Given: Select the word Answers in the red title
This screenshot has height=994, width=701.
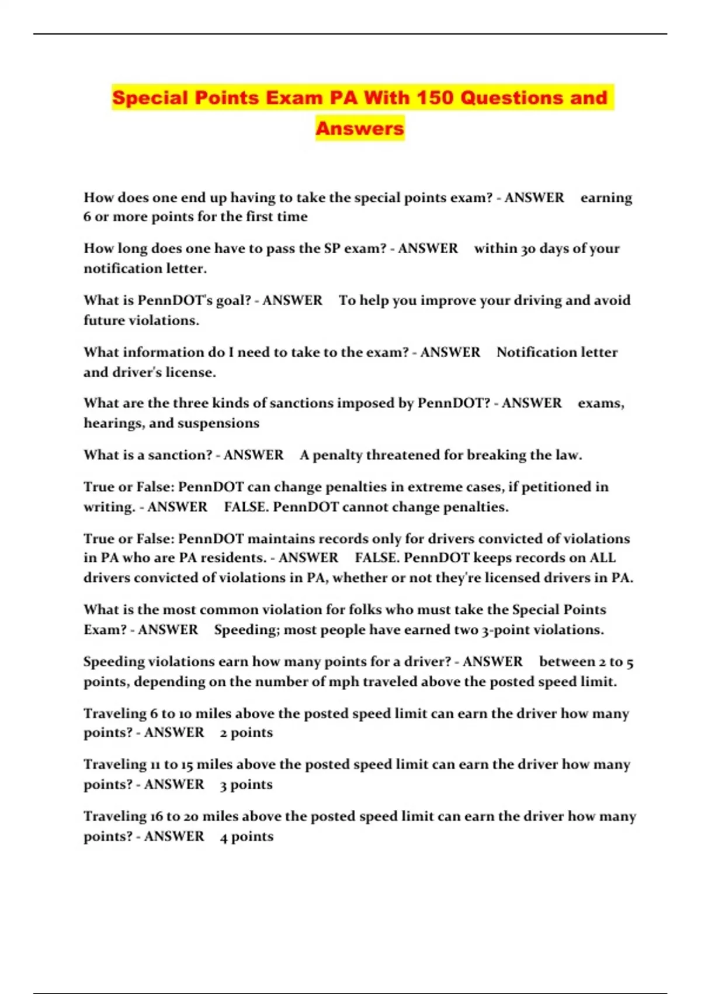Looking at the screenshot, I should tap(360, 128).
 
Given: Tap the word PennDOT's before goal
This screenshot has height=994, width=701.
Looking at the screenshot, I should tap(165, 301).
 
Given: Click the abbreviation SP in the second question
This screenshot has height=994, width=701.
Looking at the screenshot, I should tap(332, 248).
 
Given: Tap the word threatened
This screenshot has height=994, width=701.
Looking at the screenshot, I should tap(403, 455).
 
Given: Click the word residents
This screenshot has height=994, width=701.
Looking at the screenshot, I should tap(233, 558).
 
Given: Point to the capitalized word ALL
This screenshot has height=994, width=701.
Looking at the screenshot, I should tap(602, 558).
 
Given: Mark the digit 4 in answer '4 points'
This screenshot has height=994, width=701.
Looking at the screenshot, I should tap(224, 837).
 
